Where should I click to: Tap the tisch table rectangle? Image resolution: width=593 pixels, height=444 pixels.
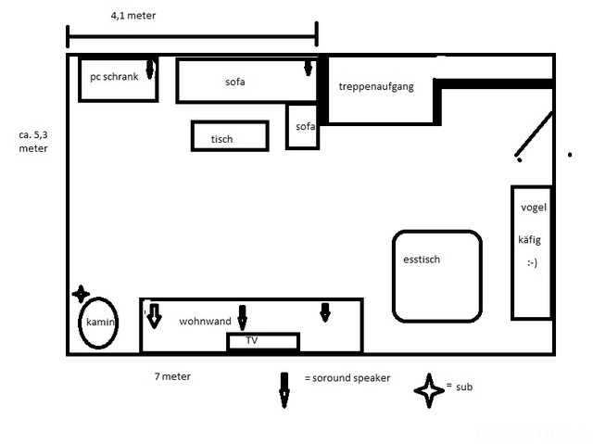click(x=229, y=136)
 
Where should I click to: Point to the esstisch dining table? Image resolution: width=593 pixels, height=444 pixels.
click(x=436, y=275)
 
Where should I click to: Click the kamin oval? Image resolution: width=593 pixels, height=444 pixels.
click(x=98, y=322)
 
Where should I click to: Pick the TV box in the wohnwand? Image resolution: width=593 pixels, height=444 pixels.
click(x=263, y=341)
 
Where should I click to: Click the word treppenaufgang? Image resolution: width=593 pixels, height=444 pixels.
click(x=375, y=86)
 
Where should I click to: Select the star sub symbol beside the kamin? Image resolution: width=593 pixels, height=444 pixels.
click(x=82, y=293)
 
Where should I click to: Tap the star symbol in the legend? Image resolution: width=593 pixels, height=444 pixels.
click(x=429, y=390)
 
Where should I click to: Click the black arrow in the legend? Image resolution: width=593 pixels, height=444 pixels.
click(x=284, y=389)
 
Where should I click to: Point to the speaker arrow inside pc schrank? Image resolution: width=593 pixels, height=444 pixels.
click(x=151, y=69)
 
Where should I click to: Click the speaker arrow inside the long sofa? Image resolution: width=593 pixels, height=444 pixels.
click(x=309, y=69)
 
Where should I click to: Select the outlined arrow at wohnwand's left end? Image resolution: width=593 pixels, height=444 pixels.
click(x=154, y=314)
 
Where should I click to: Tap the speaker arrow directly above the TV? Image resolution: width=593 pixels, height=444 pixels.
click(x=243, y=317)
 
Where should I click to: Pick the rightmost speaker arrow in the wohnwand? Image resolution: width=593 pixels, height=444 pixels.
click(x=324, y=312)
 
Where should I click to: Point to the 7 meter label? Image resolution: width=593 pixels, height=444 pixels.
click(x=171, y=376)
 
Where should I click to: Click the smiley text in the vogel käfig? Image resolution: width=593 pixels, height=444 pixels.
click(x=532, y=262)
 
